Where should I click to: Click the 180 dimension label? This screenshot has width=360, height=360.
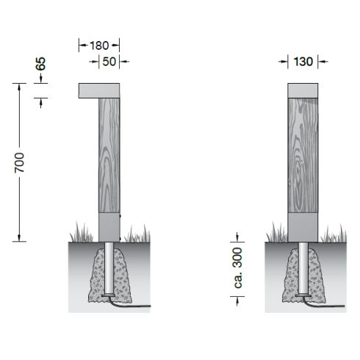click(99, 46)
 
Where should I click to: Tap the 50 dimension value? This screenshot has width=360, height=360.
click(109, 62)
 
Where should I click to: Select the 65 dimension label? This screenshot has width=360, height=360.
click(40, 64)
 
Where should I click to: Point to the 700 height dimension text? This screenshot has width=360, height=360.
click(19, 162)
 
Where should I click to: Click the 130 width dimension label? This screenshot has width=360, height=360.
click(303, 62)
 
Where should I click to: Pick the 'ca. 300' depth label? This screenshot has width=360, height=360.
click(238, 267)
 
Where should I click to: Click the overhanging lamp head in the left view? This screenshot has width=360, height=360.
click(99, 90)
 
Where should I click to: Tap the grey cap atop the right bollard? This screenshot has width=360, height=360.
click(303, 90)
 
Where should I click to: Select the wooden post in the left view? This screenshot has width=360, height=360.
click(109, 156)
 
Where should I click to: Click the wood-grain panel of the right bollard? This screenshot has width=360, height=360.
click(303, 156)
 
